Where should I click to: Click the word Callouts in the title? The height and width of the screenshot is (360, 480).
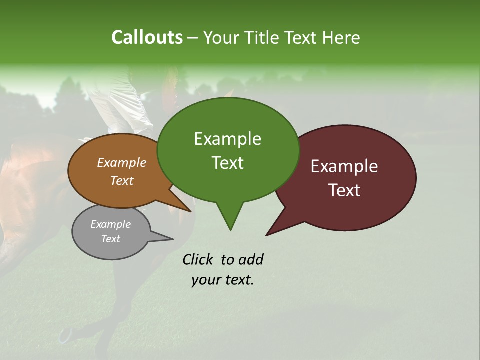147,37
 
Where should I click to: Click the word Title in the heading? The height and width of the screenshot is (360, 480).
263,38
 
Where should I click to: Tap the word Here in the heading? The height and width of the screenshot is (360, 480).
341,38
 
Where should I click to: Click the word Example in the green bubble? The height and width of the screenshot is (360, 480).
227,139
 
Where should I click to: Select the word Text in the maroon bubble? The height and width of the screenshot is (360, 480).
344,190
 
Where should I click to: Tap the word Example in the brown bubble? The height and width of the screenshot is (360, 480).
121,162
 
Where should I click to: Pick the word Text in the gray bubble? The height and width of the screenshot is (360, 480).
110,239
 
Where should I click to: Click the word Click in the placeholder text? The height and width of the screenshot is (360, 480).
198,259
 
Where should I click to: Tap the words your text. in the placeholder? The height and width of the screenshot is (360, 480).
222,280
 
